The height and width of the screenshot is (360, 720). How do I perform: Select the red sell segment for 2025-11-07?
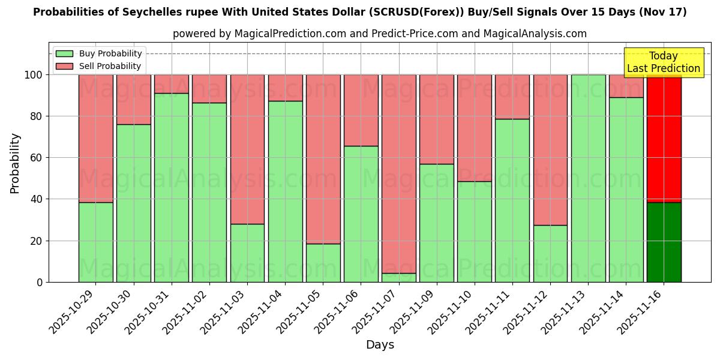(398, 174)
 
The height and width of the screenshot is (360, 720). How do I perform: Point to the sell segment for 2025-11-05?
(323, 159)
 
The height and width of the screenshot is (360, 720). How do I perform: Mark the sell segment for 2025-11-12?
(550, 150)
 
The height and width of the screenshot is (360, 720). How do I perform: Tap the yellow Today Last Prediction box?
(663, 62)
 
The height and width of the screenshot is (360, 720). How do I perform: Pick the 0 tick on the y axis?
(40, 282)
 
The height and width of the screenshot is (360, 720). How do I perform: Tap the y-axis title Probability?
(15, 163)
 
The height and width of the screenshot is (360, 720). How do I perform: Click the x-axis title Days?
(380, 345)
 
